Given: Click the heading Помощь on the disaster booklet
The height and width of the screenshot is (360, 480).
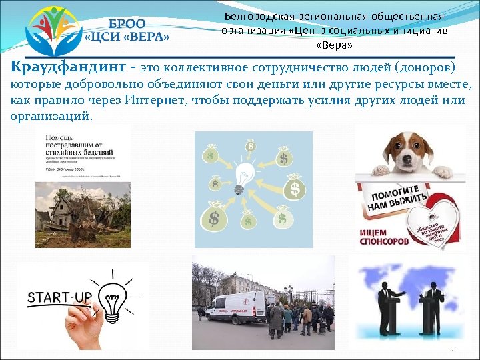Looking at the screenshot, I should pos(59,138).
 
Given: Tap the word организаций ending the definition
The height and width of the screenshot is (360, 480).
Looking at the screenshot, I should pos(51,115).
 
